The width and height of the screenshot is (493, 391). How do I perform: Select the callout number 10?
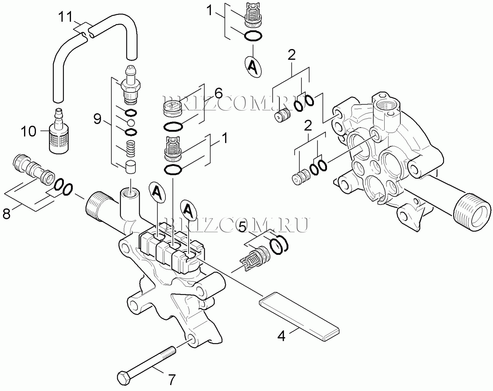coord(28,131)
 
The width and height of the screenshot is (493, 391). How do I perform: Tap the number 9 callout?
coord(97,119)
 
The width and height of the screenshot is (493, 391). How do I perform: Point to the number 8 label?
coord(7,214)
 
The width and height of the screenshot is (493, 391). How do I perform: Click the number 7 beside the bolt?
coord(172,379)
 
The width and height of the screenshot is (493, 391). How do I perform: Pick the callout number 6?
coord(218,94)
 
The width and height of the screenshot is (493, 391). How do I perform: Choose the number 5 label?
coord(242,227)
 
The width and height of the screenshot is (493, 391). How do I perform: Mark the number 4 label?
coord(281,336)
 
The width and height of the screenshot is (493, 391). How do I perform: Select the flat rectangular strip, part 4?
coord(299,317)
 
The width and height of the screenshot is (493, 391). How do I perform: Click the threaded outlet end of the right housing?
coord(472,212)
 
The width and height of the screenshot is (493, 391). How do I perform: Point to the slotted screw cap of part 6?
coord(173,108)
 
